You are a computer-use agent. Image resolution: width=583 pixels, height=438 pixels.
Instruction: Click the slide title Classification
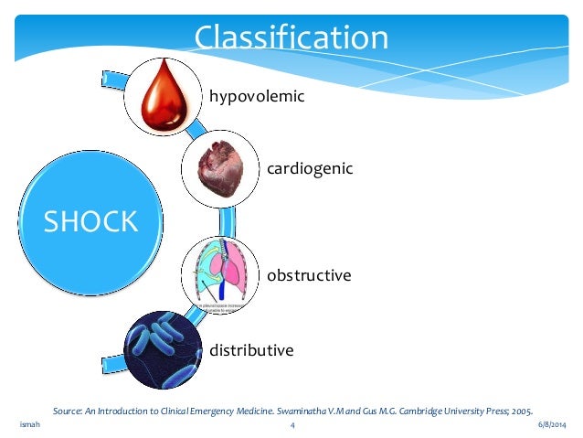tap(291, 38)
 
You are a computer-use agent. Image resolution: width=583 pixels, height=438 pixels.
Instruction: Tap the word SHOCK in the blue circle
tap(91, 220)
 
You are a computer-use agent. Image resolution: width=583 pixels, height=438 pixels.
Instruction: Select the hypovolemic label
tap(256, 96)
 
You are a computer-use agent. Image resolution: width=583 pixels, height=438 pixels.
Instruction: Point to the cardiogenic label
tap(310, 169)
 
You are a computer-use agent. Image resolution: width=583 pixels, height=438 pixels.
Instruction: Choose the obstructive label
tap(309, 274)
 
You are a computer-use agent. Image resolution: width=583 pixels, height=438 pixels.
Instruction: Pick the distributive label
tap(252, 350)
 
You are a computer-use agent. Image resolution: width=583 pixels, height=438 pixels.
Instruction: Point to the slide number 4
tap(291, 426)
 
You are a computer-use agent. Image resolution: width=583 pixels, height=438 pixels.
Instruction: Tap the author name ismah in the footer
tap(28, 426)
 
